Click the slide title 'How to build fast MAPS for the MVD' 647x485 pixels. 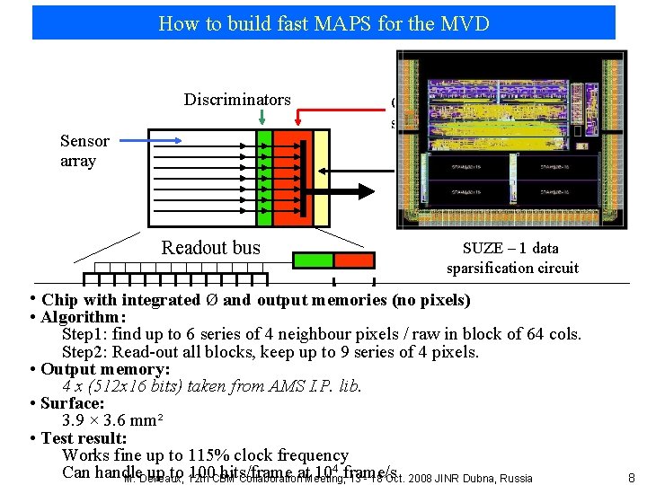323,23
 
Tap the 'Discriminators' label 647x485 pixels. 237,100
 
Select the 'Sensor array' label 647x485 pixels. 84,151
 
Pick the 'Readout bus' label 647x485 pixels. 210,249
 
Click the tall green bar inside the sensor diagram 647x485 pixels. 264,178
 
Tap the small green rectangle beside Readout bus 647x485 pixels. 315,260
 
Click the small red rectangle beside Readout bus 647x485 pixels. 354,260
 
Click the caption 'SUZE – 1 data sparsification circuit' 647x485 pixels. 511,258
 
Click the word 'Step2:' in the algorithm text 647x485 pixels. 86,352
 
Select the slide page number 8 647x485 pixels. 633,478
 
